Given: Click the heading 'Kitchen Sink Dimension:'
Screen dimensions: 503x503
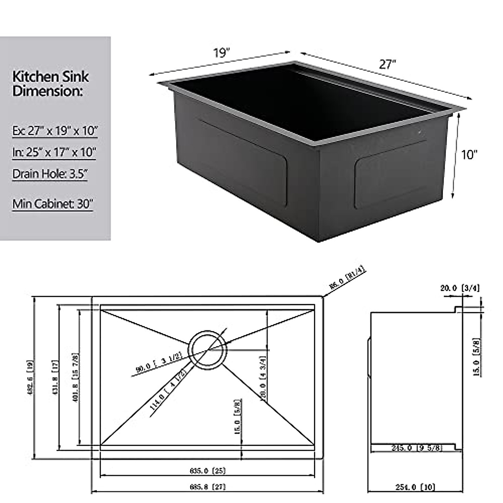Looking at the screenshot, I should coord(50,83).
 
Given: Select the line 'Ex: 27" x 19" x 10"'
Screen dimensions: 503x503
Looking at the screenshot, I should coord(54,131).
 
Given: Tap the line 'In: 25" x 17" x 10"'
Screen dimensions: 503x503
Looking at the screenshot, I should coord(54,152).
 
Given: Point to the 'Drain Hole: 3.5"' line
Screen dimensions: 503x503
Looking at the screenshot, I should coord(50,174).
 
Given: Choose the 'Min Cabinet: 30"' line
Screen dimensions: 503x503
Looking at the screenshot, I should coord(52,204).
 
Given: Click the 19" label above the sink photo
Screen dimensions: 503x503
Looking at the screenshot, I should coord(222,53).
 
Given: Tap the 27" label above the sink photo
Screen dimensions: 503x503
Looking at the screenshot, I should coord(388,64).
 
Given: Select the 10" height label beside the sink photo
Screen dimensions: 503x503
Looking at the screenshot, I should coord(469,155).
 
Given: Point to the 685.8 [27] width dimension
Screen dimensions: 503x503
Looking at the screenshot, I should coord(207,487).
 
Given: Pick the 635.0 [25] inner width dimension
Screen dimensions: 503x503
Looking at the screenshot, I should coord(207,471).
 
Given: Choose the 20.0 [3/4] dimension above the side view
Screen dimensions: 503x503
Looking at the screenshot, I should coord(460,288).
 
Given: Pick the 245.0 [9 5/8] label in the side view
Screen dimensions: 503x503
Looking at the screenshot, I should coord(416,448).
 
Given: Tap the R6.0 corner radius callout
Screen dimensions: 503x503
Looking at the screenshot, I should coord(347,279).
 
